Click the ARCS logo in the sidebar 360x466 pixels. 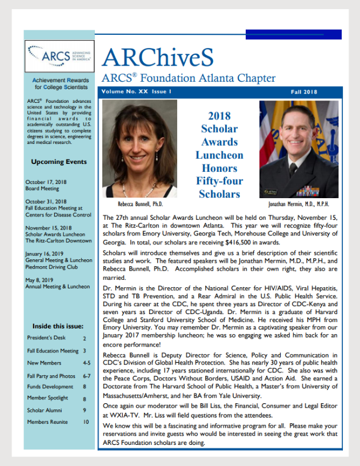(59, 55)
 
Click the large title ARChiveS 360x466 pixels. (158, 58)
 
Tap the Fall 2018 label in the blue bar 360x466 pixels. (303, 91)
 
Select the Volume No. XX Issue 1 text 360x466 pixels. (137, 91)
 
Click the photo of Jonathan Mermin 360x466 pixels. (299, 149)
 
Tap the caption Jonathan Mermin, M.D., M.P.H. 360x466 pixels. (298, 204)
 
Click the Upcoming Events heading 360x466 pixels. (59, 162)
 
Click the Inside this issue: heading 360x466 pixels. (58, 326)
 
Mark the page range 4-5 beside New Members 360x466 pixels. (86, 363)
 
